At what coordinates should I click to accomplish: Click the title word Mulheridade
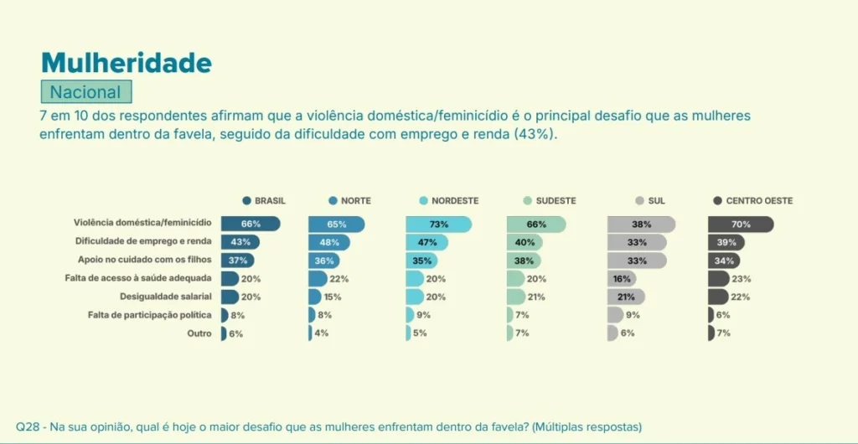(126, 63)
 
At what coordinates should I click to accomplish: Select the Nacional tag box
(85, 92)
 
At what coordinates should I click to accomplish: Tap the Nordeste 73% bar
(438, 225)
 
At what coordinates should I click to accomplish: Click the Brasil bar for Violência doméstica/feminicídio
(250, 225)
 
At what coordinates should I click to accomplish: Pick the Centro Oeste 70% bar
(740, 225)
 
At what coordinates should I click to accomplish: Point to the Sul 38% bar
(641, 225)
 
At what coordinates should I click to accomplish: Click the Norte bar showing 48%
(328, 242)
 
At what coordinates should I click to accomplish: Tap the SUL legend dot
(639, 201)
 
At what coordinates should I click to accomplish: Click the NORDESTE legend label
(455, 201)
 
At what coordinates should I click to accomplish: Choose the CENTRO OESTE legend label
(759, 201)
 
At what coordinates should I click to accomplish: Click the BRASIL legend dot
(246, 201)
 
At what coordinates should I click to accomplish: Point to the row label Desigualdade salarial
(166, 297)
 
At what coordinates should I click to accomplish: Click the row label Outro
(199, 333)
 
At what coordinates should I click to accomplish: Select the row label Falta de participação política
(150, 315)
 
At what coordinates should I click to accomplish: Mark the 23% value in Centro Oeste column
(741, 279)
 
